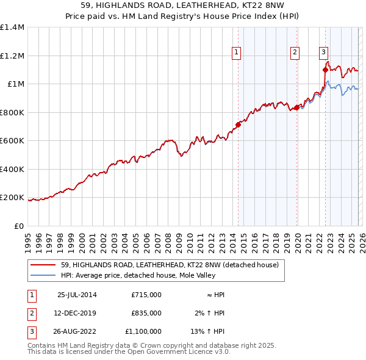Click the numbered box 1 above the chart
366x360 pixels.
coord(236,53)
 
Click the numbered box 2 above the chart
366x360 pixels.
coord(295,53)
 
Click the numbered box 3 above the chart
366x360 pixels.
coord(323,53)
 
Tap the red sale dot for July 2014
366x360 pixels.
coord(238,125)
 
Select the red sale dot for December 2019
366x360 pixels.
coord(296,108)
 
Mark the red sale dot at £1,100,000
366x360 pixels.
coord(325,70)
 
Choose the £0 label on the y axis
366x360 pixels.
coord(18,226)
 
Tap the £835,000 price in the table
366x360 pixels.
coord(146,313)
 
